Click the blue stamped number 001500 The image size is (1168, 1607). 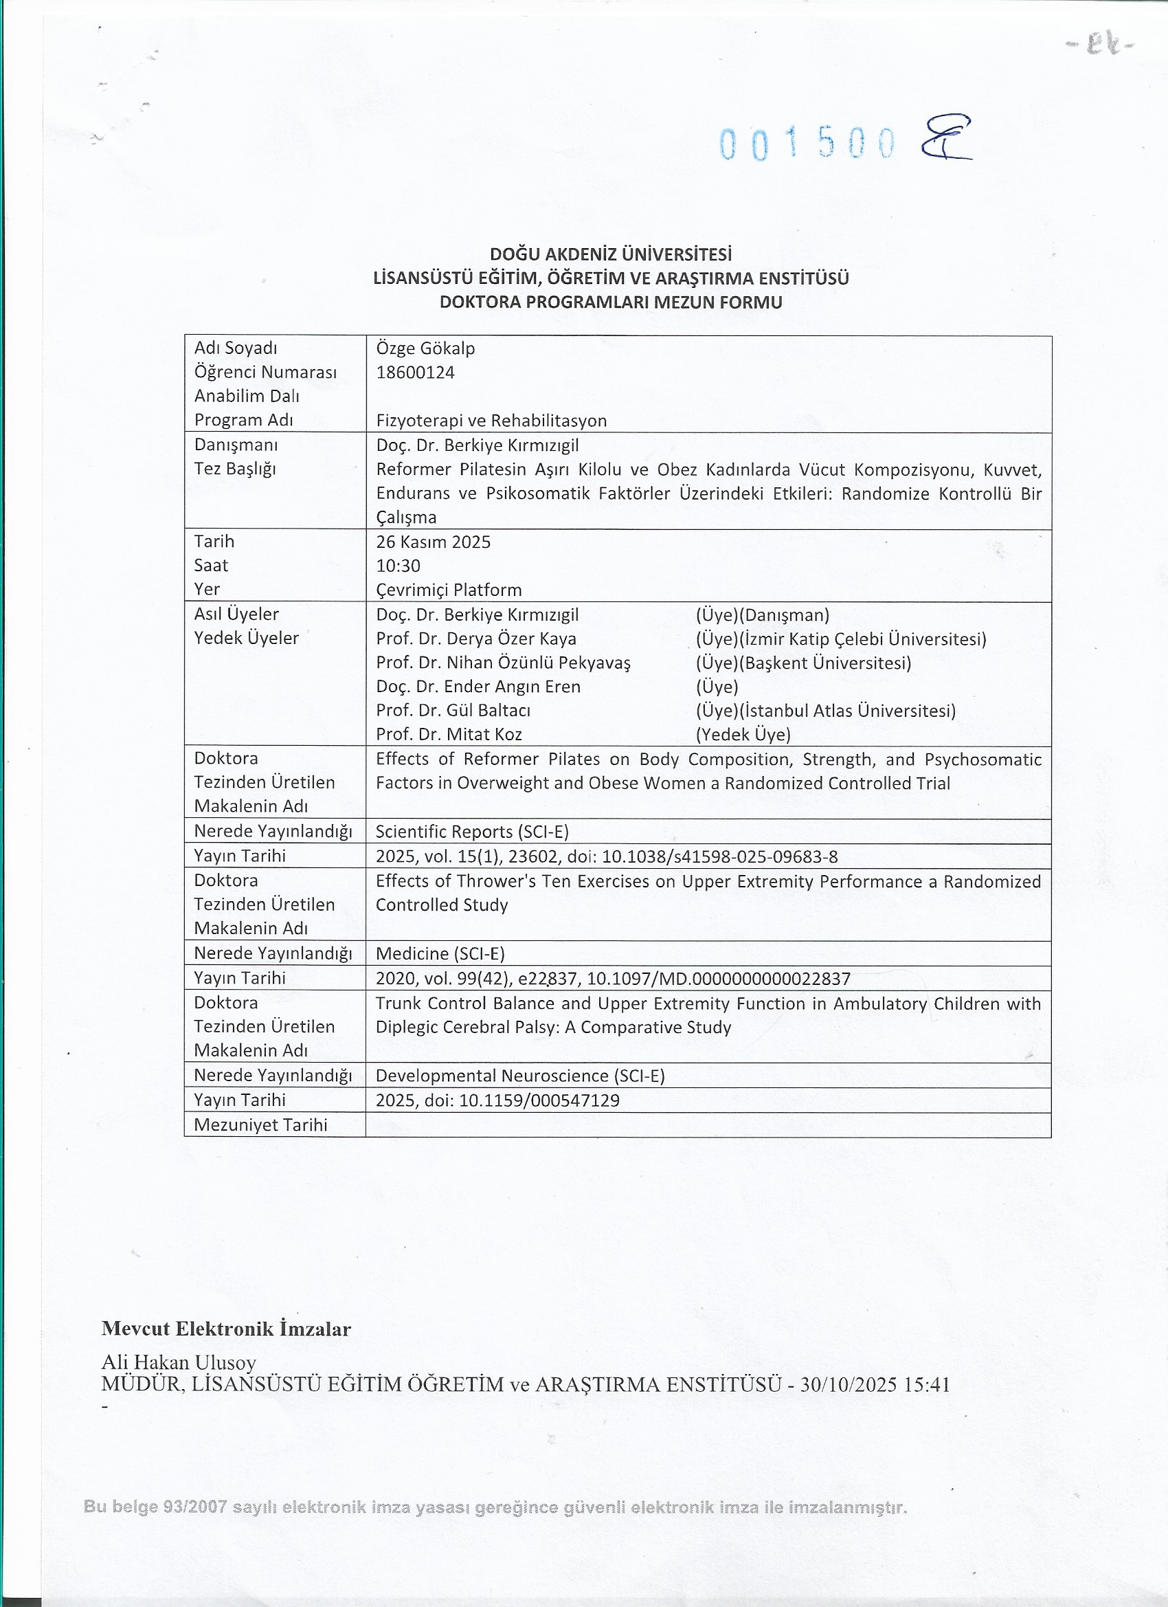tap(807, 144)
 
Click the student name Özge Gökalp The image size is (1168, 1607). tap(425, 348)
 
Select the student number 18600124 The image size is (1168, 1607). tap(415, 372)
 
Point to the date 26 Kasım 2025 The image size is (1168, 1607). tap(433, 542)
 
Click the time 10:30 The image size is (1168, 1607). tap(398, 566)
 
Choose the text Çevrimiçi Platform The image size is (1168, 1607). tap(449, 590)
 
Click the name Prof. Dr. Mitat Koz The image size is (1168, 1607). tap(449, 734)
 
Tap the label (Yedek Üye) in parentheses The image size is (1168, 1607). tap(743, 734)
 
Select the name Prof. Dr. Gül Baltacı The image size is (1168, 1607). tap(453, 710)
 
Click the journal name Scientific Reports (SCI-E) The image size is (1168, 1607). tap(472, 831)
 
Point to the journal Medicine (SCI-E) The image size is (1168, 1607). tap(440, 953)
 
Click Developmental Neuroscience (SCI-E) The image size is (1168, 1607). tap(520, 1076)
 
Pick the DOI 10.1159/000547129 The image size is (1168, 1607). tap(539, 1100)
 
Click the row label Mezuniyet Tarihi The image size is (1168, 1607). tap(260, 1124)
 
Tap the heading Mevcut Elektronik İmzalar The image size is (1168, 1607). tap(226, 1329)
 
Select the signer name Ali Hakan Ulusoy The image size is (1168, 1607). tap(179, 1362)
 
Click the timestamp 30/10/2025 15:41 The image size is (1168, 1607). tap(875, 1384)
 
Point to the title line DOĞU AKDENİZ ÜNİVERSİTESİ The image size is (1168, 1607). tap(611, 254)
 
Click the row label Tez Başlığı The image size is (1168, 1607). tap(234, 468)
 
